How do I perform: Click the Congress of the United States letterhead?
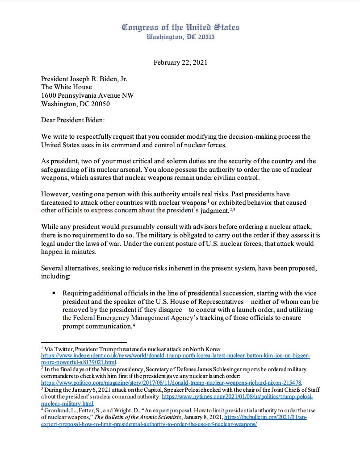(180, 28)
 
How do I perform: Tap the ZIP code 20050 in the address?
(100, 104)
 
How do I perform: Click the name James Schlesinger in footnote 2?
(206, 370)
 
